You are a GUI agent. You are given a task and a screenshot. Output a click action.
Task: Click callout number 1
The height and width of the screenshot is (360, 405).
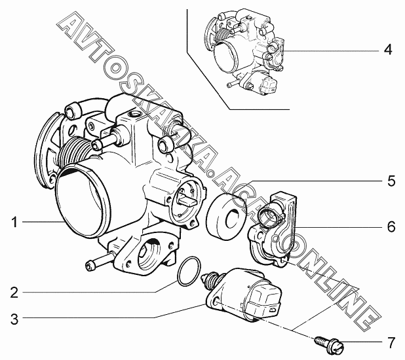(14, 222)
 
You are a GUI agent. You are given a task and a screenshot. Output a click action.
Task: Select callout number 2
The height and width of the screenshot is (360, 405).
(14, 293)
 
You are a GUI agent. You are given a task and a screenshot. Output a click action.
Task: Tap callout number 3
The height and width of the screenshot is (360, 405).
(14, 319)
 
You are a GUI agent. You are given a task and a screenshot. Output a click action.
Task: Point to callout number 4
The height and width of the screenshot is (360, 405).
(388, 50)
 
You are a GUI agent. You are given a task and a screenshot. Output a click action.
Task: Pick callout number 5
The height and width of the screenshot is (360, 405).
(391, 181)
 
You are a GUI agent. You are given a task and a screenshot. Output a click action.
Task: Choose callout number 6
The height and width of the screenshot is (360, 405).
(391, 226)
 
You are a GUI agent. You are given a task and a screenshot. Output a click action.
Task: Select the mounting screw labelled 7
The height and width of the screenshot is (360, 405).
(329, 345)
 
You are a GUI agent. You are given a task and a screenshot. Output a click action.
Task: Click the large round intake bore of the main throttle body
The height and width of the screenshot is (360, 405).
(83, 202)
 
